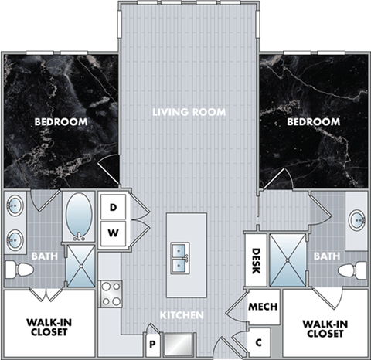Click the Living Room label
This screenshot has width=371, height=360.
point(189,113)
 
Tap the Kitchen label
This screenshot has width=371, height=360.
point(182,315)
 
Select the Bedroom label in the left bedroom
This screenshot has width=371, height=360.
point(60,122)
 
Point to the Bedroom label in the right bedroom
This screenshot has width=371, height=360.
point(313,122)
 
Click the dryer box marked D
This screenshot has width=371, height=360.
point(113,207)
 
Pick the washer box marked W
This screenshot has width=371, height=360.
point(113,232)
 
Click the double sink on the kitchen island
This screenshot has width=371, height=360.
point(181,256)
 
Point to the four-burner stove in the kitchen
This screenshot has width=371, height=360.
point(111,294)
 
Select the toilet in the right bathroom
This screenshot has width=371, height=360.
point(354,270)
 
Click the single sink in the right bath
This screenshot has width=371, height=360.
point(356,220)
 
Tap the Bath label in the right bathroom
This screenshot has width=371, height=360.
point(327,256)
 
